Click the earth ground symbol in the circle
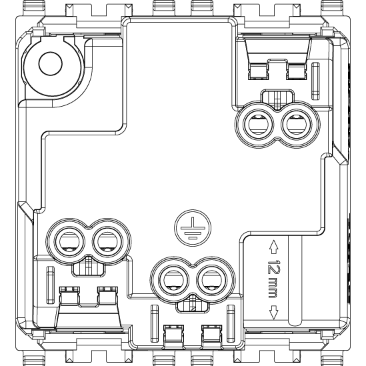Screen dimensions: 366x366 [193, 228]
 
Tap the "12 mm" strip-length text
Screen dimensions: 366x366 [273, 278]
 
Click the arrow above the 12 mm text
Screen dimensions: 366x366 [273, 247]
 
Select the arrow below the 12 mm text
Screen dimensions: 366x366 [273, 312]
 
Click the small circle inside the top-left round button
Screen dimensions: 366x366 [51, 63]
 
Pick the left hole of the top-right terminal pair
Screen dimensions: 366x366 [258, 125]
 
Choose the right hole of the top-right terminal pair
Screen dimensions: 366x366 [297, 125]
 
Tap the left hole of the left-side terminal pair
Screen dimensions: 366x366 [69, 241]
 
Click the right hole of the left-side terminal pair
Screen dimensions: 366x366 [107, 241]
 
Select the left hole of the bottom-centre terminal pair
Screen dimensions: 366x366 [173, 280]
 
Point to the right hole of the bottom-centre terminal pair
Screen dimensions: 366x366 [212, 280]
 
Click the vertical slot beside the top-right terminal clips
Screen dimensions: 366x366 [315, 81]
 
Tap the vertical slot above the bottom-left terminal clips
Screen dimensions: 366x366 [51, 285]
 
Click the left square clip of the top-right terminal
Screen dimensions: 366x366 [258, 71]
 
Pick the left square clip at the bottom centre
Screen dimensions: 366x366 [173, 334]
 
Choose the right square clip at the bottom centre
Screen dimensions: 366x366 [212, 334]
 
